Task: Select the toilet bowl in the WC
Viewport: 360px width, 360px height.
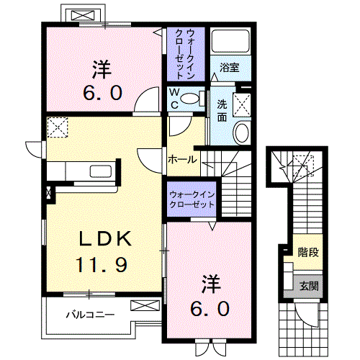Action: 189,99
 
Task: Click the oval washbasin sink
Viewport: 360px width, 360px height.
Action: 242,132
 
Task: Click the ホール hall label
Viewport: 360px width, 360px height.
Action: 182,159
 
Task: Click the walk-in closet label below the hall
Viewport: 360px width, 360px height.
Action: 192,199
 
